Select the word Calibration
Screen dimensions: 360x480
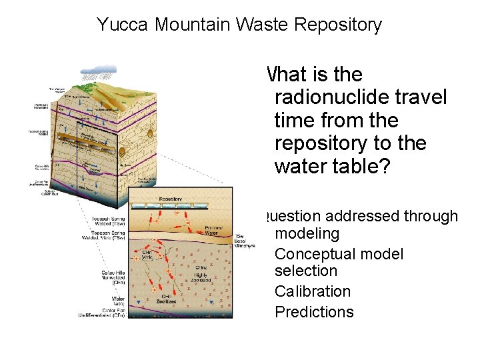point(312,291)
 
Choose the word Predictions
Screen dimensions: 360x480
point(314,312)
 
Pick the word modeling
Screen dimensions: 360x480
point(307,233)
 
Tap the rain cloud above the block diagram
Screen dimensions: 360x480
point(98,70)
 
